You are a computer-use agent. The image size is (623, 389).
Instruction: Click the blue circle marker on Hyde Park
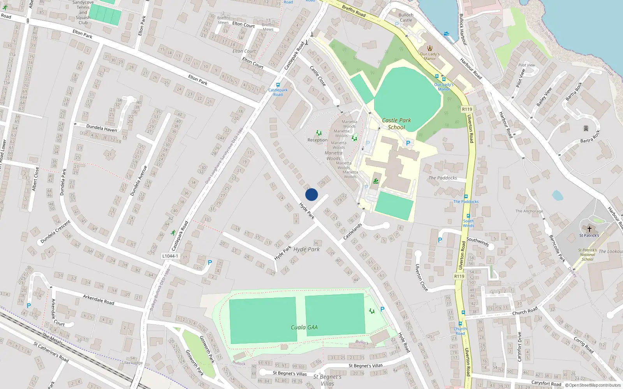311,194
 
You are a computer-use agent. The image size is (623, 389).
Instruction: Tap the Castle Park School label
396,124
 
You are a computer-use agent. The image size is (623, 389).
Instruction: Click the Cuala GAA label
304,328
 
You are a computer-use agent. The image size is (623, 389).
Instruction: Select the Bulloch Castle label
406,18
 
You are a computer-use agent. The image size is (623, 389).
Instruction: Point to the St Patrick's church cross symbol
589,229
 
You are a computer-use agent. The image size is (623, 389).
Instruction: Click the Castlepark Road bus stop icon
278,85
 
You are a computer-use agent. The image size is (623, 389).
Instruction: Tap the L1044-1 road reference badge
170,256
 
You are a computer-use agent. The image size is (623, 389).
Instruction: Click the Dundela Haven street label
101,128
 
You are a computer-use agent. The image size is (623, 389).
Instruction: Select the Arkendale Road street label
99,300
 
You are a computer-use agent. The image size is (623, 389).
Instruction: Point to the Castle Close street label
318,75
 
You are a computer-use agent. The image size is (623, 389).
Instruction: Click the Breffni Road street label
354,11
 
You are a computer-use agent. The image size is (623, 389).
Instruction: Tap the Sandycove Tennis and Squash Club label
83,12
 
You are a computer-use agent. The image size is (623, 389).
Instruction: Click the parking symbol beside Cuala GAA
382,309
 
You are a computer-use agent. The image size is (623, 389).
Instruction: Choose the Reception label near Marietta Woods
317,140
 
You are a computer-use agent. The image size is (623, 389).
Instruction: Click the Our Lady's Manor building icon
430,48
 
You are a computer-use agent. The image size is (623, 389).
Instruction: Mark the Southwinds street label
477,242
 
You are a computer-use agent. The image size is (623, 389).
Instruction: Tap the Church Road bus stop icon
460,324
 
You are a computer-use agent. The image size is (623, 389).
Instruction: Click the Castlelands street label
353,231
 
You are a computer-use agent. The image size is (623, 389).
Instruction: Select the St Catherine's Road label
51,352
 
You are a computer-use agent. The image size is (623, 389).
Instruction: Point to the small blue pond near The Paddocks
557,195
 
